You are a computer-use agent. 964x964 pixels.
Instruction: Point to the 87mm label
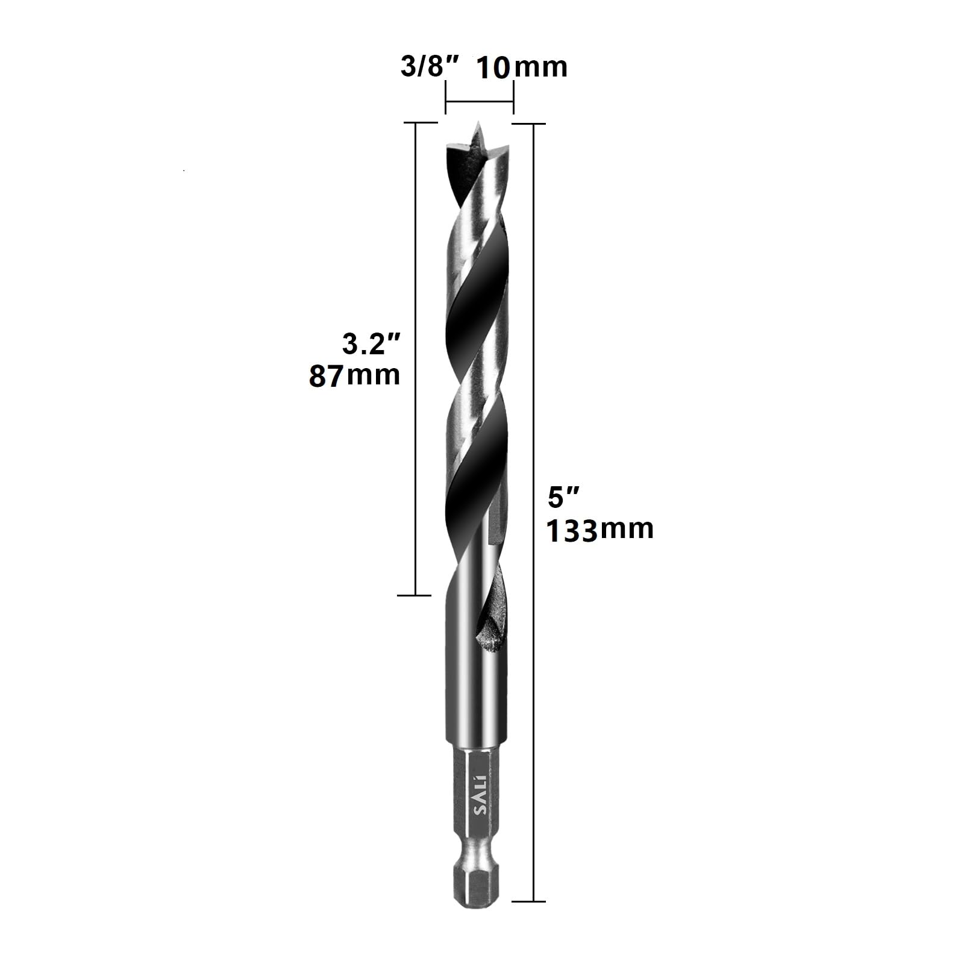point(355,375)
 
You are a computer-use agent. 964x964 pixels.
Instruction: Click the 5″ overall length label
point(564,498)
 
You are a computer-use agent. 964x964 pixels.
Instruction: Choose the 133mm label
point(600,530)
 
